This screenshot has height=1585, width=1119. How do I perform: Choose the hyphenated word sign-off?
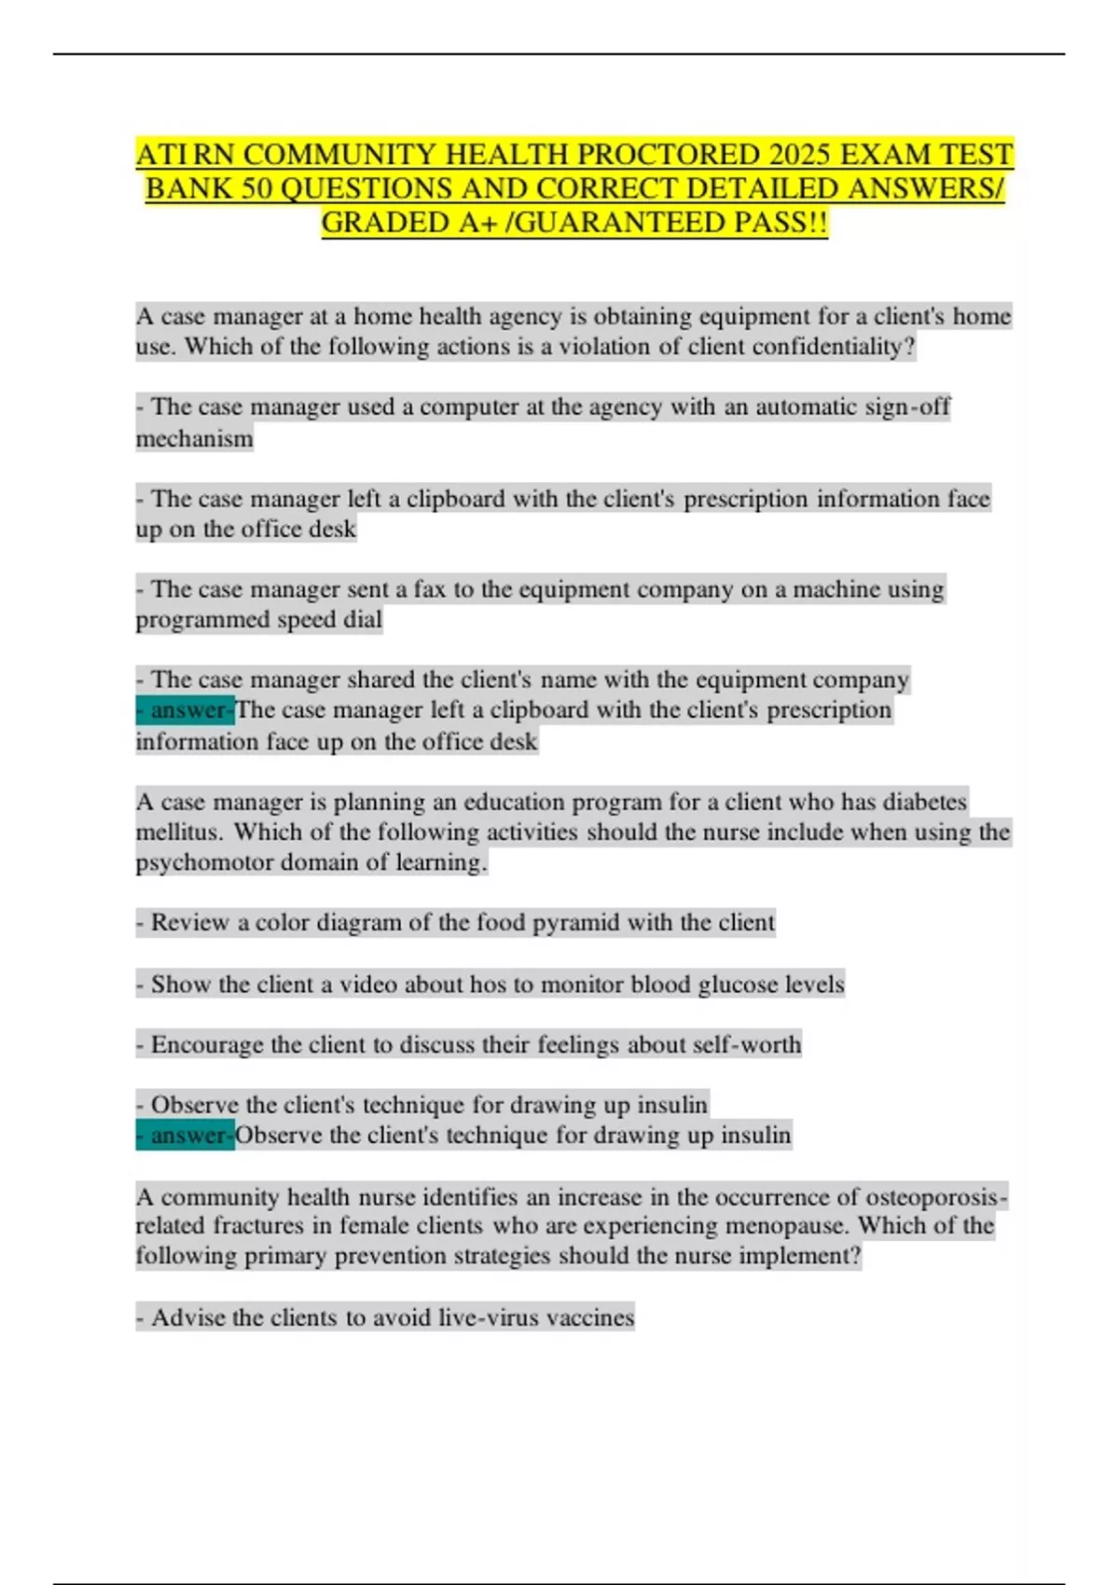tap(907, 407)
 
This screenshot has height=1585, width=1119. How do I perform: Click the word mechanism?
tap(194, 438)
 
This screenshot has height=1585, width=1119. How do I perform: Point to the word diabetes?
tap(923, 802)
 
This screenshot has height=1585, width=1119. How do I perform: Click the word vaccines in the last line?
tap(589, 1317)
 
